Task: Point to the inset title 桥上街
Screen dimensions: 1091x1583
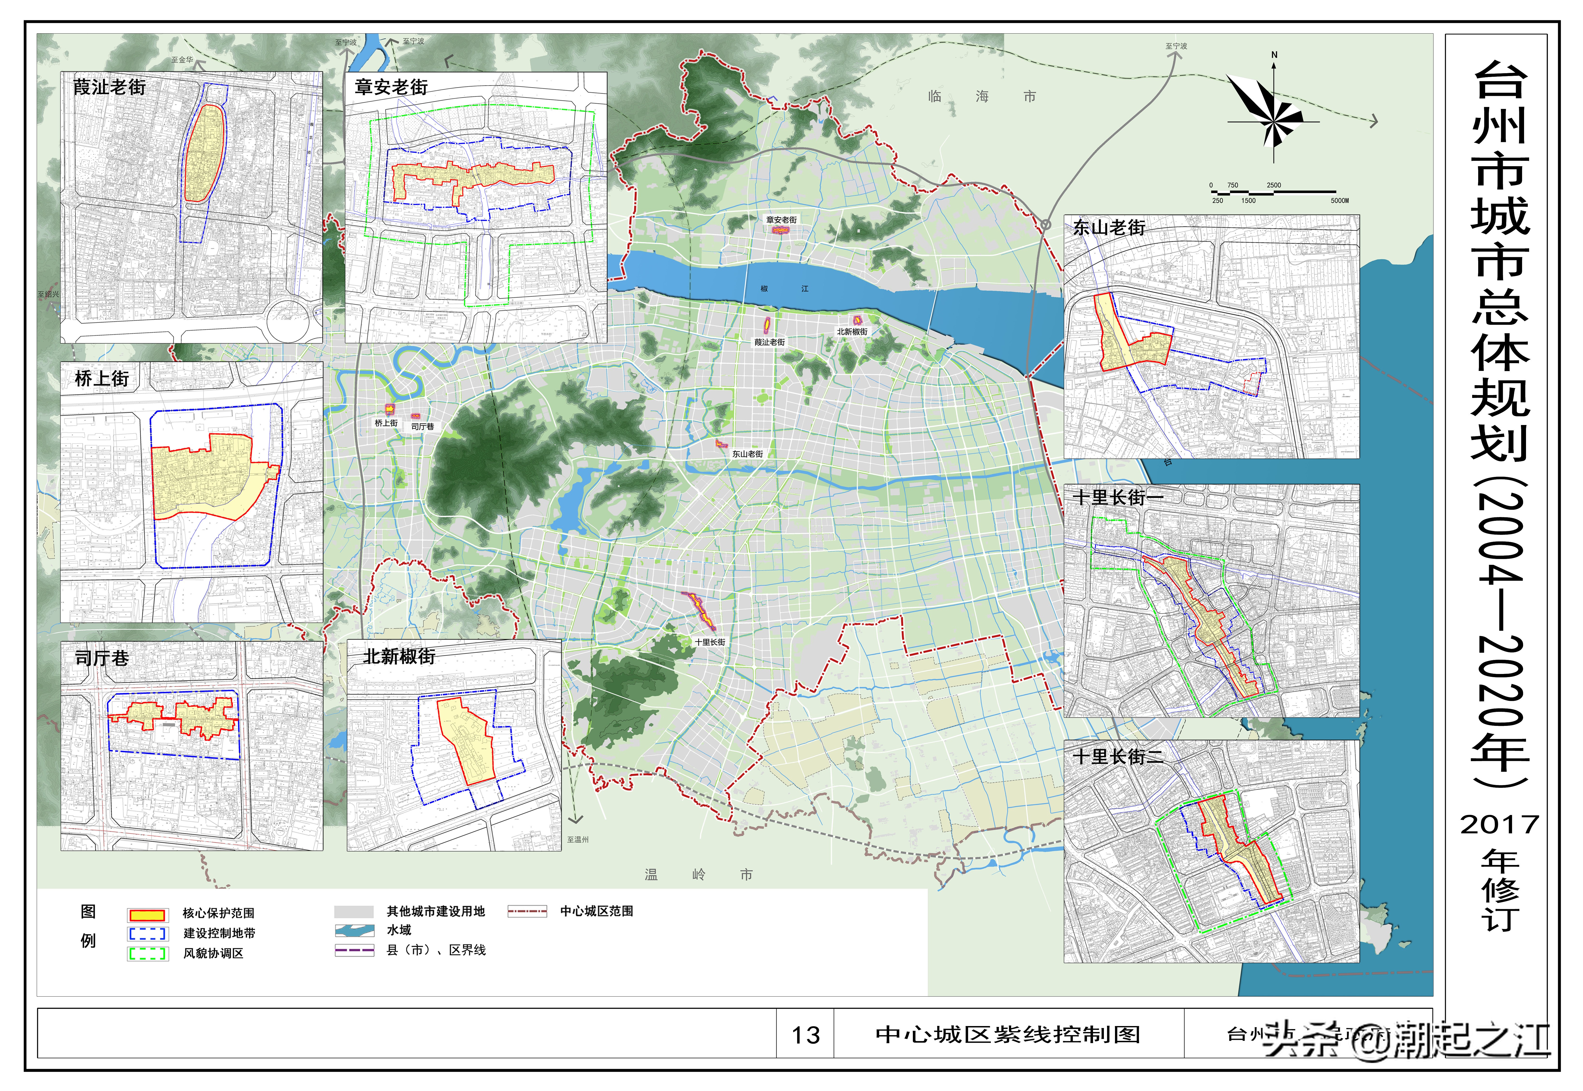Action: pos(102,379)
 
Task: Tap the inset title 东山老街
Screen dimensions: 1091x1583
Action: pos(1109,228)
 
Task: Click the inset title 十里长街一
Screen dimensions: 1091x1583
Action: pos(1118,498)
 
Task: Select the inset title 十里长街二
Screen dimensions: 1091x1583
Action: pos(1118,757)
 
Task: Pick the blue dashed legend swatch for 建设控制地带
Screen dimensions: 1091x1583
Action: pos(147,934)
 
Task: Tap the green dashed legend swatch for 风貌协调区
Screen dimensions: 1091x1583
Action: pos(147,954)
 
